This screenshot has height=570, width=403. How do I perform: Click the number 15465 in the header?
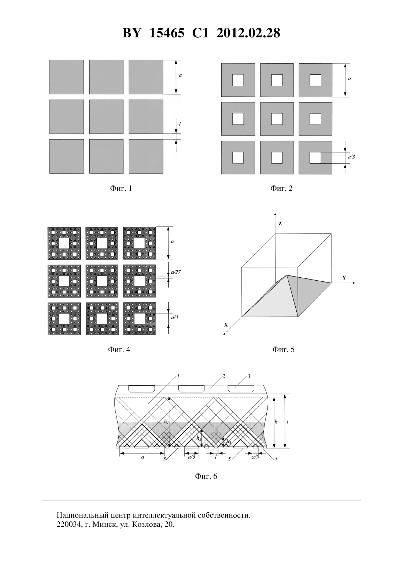pyautogui.click(x=167, y=33)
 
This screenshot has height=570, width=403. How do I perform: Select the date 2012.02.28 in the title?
pyautogui.click(x=248, y=33)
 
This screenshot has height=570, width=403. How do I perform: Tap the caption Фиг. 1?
pyautogui.click(x=121, y=188)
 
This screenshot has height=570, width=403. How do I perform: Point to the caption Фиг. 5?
pyautogui.click(x=283, y=349)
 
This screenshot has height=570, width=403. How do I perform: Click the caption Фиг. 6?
pyautogui.click(x=206, y=476)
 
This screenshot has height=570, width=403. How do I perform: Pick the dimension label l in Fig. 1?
pyautogui.click(x=180, y=124)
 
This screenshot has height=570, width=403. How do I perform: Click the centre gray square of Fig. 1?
pyautogui.click(x=106, y=117)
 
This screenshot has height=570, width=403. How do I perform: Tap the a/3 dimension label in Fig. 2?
pyautogui.click(x=351, y=157)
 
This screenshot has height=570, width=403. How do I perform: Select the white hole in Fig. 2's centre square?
pyautogui.click(x=277, y=119)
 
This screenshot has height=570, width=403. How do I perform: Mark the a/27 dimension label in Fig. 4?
pyautogui.click(x=176, y=272)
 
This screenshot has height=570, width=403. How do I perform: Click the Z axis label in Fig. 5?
pyautogui.click(x=280, y=224)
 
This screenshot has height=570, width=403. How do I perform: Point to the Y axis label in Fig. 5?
pyautogui.click(x=344, y=278)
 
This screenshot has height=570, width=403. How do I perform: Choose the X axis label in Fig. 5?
pyautogui.click(x=226, y=325)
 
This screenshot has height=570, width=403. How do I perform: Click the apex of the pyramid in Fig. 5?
pyautogui.click(x=287, y=275)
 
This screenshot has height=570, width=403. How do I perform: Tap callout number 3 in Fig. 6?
pyautogui.click(x=249, y=376)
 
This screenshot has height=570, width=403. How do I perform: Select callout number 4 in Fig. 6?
pyautogui.click(x=276, y=459)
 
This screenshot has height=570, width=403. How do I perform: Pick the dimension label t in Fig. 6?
pyautogui.click(x=288, y=422)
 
